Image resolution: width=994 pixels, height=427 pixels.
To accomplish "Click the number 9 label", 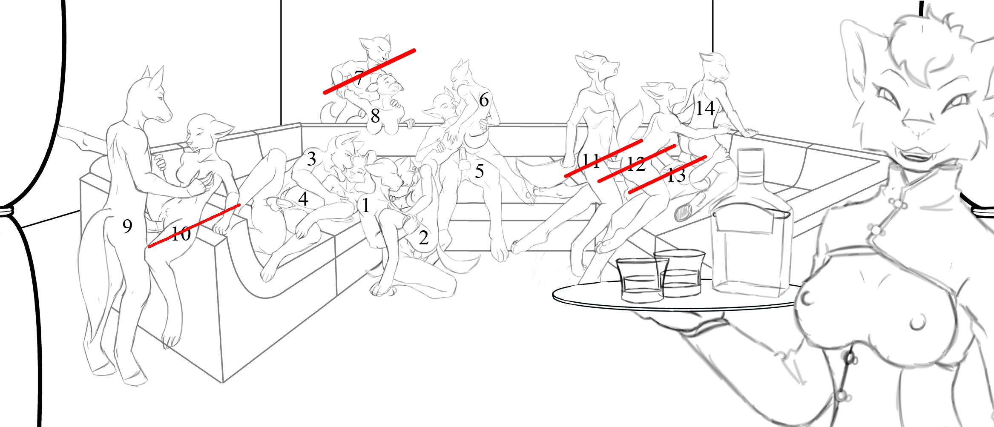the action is pyautogui.click(x=127, y=226).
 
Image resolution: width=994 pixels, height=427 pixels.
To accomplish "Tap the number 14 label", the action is pyautogui.click(x=705, y=108).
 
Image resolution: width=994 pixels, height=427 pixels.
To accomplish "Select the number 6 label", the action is pyautogui.click(x=484, y=100).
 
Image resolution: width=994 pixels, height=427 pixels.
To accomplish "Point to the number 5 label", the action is pyautogui.click(x=480, y=171).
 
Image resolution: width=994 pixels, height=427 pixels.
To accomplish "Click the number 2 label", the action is pyautogui.click(x=423, y=238).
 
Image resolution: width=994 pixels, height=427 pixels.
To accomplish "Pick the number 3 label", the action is pyautogui.click(x=311, y=159).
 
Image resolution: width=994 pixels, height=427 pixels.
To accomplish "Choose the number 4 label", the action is pyautogui.click(x=303, y=198).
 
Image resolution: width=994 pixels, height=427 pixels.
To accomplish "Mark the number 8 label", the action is pyautogui.click(x=375, y=116).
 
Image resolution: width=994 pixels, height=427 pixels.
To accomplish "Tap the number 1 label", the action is pyautogui.click(x=365, y=205).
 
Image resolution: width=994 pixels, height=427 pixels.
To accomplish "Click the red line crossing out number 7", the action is pyautogui.click(x=369, y=72).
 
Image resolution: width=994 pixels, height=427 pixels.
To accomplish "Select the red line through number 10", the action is pyautogui.click(x=194, y=226).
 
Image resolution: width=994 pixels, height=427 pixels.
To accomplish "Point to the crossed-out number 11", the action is pyautogui.click(x=591, y=160).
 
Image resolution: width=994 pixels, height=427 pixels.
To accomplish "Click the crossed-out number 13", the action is pyautogui.click(x=676, y=175).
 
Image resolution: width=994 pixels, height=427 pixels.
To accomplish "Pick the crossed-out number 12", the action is pyautogui.click(x=636, y=164).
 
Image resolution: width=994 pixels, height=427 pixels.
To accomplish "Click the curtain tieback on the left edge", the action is pyautogui.click(x=8, y=211).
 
